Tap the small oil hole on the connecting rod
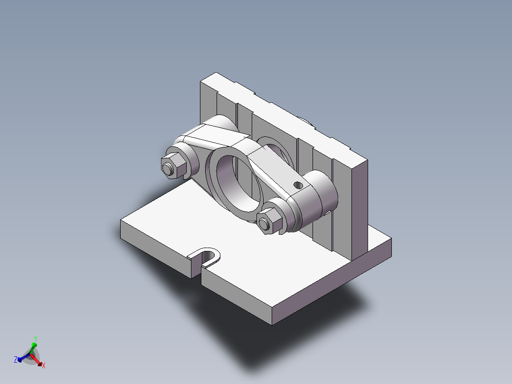[x=298, y=184]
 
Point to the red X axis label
[x=44, y=365]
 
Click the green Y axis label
[x=35, y=338]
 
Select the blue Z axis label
[x=16, y=360]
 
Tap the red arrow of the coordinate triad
[x=38, y=360]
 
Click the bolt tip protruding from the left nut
[x=167, y=169]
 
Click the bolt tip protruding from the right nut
[x=264, y=224]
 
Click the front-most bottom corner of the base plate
[x=273, y=324]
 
